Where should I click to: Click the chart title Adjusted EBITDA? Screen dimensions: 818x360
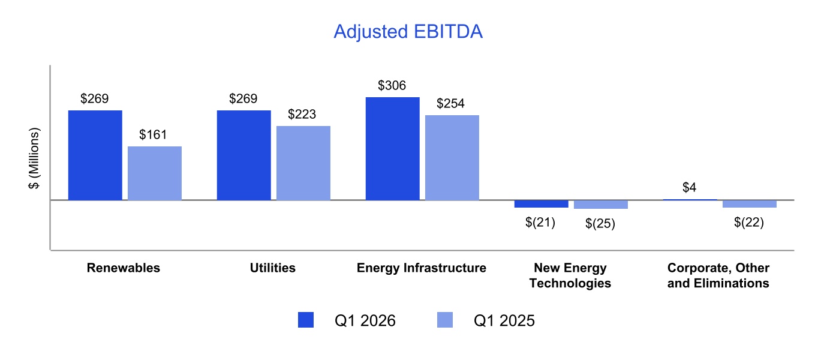(x=408, y=31)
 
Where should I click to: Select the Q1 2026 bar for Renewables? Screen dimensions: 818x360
(x=95, y=155)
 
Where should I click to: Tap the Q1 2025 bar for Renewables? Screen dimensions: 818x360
(x=155, y=173)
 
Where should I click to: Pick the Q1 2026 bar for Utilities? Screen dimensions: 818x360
(x=244, y=155)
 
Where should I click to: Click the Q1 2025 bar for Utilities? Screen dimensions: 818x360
(x=303, y=163)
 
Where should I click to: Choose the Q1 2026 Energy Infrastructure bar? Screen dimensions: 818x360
(x=393, y=149)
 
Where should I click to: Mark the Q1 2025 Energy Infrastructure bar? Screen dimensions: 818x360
(x=452, y=158)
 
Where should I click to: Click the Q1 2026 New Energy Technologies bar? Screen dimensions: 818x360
(x=542, y=204)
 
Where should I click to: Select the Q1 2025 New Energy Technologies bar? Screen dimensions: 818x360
(x=601, y=205)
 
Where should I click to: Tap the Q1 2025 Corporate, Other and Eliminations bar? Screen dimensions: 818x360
(x=750, y=204)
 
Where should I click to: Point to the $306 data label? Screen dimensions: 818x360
(x=392, y=86)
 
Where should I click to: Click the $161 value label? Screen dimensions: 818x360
(x=153, y=135)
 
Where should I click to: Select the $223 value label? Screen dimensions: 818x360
(x=302, y=115)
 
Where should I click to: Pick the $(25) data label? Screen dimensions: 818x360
(x=600, y=223)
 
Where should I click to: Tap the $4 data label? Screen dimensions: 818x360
(x=689, y=187)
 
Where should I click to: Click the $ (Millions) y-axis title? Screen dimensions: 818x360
(x=34, y=158)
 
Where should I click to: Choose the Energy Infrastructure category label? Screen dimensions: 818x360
(x=422, y=268)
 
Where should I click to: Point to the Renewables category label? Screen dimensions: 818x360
(x=124, y=268)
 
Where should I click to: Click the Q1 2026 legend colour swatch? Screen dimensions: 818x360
(x=306, y=320)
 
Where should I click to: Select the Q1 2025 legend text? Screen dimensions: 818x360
(x=504, y=320)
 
